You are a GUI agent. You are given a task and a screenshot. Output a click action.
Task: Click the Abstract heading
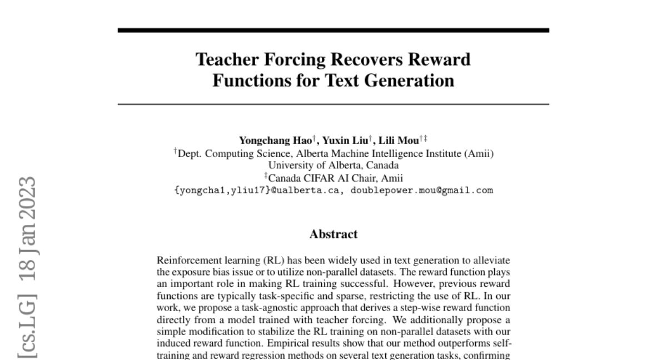333,234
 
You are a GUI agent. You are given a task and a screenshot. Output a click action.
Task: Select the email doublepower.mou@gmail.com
421,190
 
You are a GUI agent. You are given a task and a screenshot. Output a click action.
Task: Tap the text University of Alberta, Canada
333,166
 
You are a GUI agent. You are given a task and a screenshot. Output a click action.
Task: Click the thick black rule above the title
333,30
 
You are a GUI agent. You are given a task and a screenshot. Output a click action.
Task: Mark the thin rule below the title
333,104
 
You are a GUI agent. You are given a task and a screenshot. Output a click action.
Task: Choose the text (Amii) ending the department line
479,153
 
